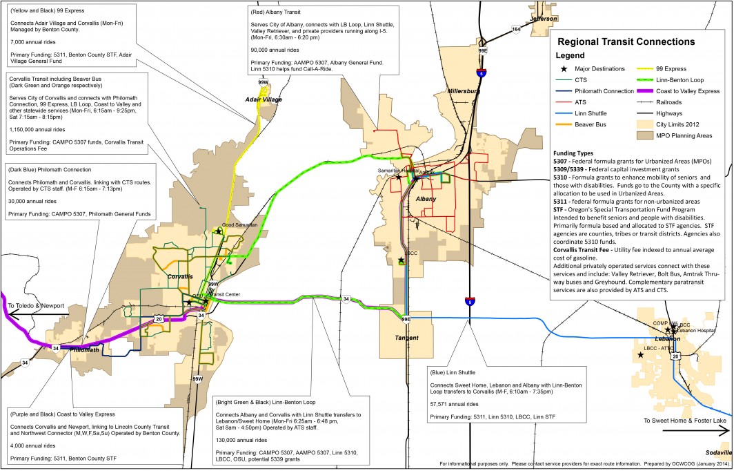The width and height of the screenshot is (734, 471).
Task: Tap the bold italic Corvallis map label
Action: click(180, 276)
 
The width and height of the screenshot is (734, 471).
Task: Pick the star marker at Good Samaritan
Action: click(218, 231)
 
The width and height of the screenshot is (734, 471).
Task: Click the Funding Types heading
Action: click(577, 153)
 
